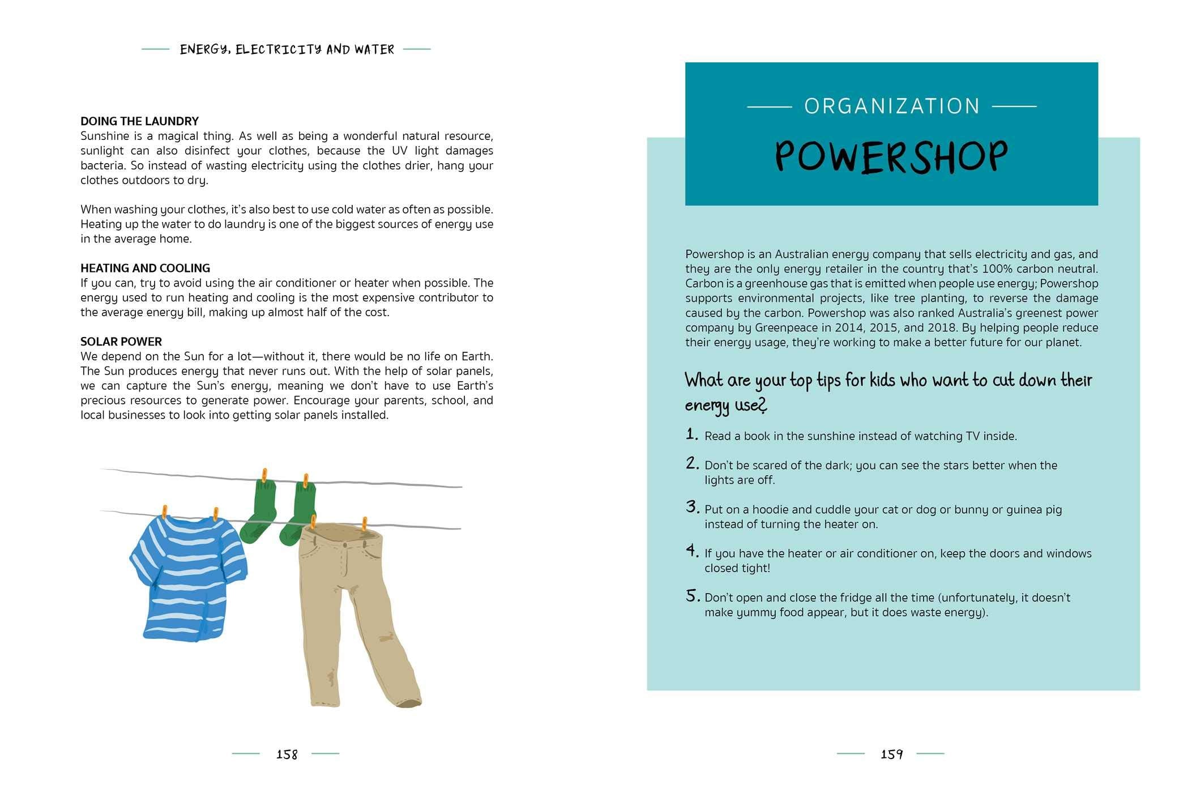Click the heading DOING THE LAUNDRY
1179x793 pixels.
pos(139,121)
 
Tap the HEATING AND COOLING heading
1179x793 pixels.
pos(145,268)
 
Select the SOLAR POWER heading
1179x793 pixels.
pos(121,342)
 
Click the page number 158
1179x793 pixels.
pos(287,754)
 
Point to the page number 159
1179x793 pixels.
pos(891,754)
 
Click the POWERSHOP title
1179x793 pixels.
pos(891,157)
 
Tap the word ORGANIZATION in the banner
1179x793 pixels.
pos(892,106)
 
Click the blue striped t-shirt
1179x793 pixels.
pos(187,578)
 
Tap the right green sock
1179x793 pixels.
pos(299,513)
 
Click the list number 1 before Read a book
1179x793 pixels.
pos(691,434)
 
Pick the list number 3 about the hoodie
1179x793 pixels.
pos(692,507)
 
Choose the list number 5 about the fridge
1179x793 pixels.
pos(693,596)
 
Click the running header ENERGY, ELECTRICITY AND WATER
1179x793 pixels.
pos(287,50)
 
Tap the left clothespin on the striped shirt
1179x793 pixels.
pos(165,512)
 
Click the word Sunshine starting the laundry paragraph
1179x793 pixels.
pos(105,136)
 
